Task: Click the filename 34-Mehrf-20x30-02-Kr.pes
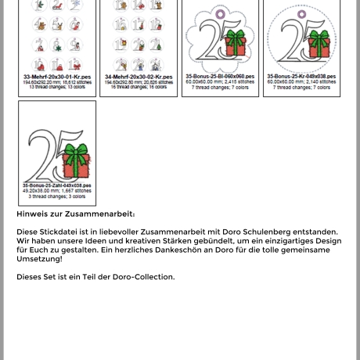click(x=138, y=76)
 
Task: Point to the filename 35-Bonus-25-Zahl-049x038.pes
click(x=56, y=185)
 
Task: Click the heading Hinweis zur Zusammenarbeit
click(x=75, y=213)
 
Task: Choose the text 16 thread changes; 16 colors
click(x=138, y=86)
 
